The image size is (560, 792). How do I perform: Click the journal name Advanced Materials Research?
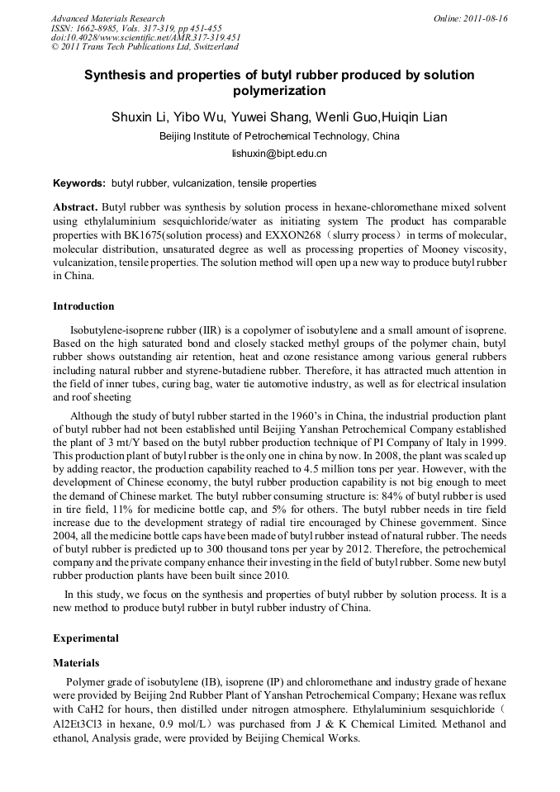pos(107,18)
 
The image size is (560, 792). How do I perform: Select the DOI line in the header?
pos(145,37)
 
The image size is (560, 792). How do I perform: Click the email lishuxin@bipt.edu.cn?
pos(279,154)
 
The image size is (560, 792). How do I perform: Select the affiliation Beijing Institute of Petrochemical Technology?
pos(263,136)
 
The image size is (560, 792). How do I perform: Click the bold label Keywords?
pos(79,183)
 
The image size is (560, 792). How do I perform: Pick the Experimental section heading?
pos(86,638)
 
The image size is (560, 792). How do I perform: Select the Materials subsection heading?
pos(76,662)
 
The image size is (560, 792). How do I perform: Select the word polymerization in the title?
pos(279,91)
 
